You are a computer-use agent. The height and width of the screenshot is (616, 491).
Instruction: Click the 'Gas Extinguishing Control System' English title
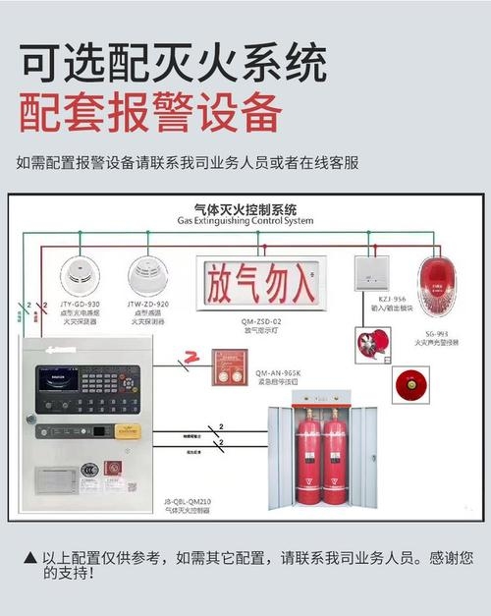[x=245, y=221]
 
